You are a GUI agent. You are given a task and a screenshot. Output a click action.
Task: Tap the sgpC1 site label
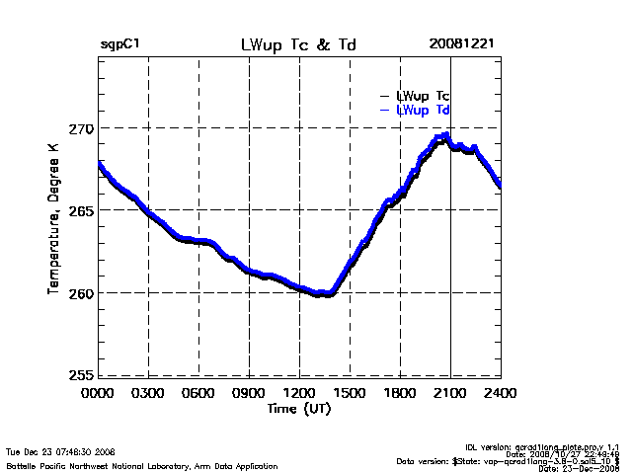click(119, 45)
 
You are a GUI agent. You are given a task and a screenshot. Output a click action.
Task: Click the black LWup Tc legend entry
click(422, 96)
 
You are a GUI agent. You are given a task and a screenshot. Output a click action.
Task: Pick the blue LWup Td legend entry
click(422, 111)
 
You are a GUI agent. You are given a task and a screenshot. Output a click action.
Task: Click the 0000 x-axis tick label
click(98, 394)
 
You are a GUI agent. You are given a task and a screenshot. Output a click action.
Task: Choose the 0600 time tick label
click(198, 394)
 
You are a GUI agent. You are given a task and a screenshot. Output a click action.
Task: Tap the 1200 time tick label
click(299, 394)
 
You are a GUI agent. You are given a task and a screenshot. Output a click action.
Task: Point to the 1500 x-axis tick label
click(350, 394)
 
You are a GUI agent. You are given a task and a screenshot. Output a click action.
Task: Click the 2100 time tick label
click(450, 394)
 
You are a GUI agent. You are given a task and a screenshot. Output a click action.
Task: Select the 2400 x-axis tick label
click(501, 394)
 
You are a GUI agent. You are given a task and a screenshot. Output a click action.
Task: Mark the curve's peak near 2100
click(446, 135)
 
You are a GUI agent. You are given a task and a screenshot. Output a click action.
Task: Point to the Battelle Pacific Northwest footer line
click(142, 465)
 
